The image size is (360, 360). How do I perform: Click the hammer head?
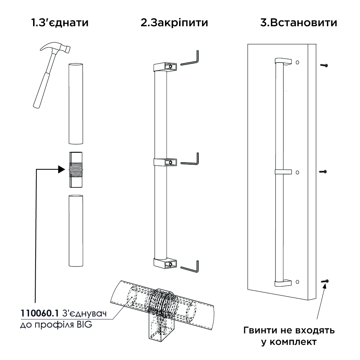tap(56, 47)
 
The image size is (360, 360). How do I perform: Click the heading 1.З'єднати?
tap(60, 23)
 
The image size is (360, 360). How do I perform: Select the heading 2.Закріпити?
tap(174, 23)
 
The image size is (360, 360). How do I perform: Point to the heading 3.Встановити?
tap(299, 23)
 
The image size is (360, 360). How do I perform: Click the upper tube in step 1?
tap(76, 104)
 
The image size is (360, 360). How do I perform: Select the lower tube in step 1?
tap(76, 231)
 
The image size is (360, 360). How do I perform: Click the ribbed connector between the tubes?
tap(76, 169)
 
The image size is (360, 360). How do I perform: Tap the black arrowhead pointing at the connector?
tap(61, 169)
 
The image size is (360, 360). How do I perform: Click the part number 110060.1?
tap(40, 313)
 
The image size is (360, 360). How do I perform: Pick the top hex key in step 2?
tap(190, 58)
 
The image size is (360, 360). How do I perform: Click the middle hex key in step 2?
tap(190, 159)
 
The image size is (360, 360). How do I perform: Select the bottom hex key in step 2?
tap(190, 266)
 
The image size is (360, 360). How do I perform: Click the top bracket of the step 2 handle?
tap(165, 67)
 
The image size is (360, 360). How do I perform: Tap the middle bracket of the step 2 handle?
tap(165, 162)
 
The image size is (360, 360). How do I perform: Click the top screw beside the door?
tap(324, 65)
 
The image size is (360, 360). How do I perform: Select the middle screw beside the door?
tap(323, 172)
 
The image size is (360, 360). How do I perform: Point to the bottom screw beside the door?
tap(325, 281)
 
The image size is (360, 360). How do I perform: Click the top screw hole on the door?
tap(297, 63)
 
